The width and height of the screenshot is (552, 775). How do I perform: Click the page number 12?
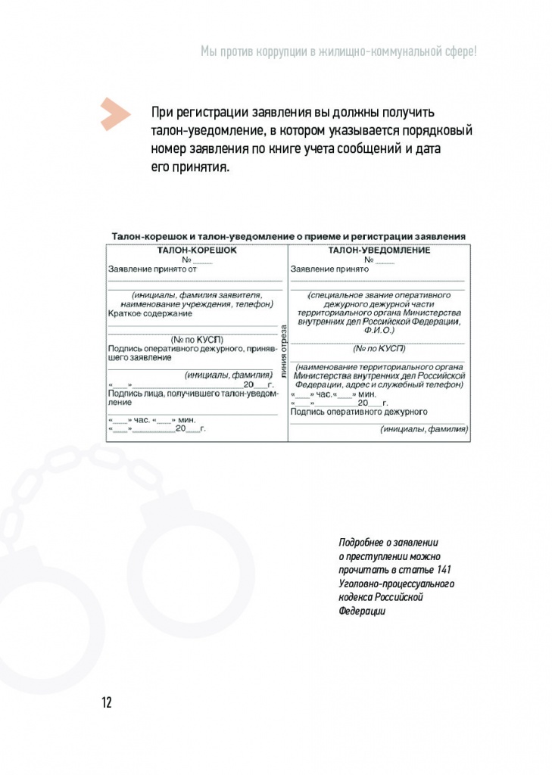pos(106,702)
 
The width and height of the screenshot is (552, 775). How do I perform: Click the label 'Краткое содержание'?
pos(150,313)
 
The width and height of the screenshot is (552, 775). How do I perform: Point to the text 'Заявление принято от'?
pos(152,268)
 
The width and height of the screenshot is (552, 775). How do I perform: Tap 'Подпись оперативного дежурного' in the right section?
pos(359,412)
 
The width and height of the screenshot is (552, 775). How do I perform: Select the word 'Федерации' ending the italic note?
pos(362,611)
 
